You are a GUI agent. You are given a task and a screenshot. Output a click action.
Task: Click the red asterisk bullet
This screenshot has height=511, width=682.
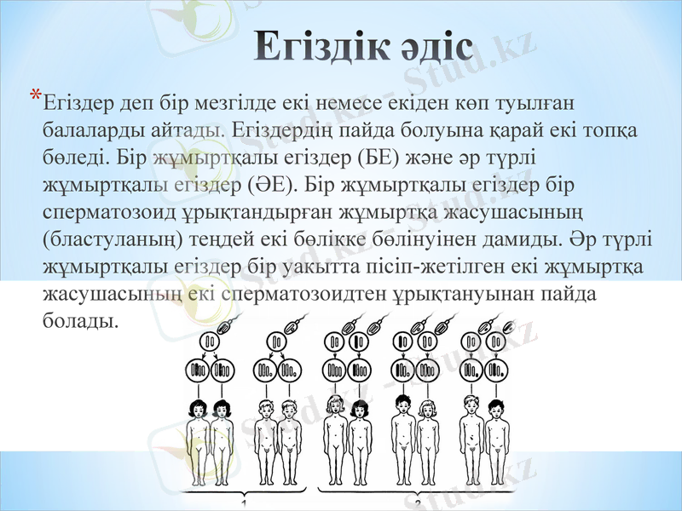tap(35, 95)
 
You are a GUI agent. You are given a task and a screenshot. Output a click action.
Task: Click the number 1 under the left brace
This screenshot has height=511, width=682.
tap(245, 504)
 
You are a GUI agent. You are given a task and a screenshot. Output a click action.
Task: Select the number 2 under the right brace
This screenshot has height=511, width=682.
tap(419, 504)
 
